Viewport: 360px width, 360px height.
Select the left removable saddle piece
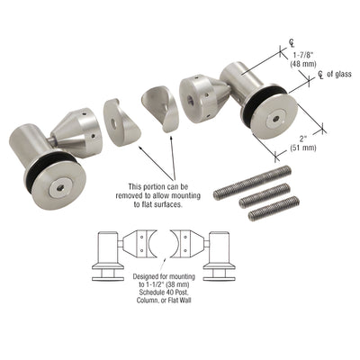[121, 121]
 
